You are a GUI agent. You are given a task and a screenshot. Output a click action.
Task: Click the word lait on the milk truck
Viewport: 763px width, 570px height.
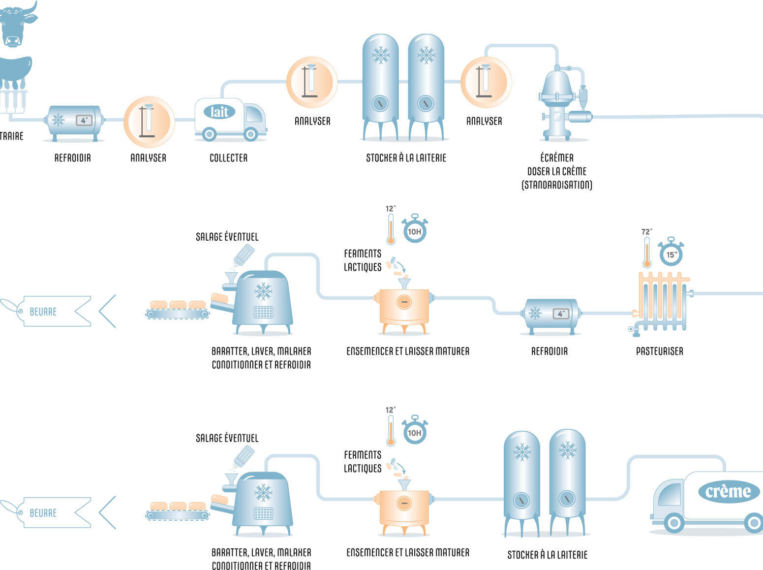[219, 112]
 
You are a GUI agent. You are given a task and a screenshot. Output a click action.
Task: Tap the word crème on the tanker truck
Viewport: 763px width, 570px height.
[728, 492]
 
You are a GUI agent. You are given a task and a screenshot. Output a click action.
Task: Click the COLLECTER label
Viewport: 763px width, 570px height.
[228, 158]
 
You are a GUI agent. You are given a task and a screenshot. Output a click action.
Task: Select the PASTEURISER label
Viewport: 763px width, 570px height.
[659, 351]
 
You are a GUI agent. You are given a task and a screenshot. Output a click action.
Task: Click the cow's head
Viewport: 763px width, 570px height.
[15, 25]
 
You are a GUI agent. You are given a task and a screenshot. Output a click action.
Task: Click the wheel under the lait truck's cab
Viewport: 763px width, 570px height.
[250, 133]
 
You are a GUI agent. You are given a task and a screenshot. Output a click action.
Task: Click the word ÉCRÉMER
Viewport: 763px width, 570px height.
[557, 158]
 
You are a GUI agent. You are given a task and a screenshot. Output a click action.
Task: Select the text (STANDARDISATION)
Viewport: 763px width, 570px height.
[557, 185]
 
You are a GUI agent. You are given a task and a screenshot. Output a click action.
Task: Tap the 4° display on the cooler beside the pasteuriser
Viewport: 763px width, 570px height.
[561, 314]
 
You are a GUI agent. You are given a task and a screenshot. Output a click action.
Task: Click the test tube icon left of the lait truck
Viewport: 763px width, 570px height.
[149, 122]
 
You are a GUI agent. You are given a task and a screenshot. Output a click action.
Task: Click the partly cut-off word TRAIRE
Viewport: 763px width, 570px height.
[11, 136]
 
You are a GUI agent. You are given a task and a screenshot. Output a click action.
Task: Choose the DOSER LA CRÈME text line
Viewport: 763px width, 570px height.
[557, 171]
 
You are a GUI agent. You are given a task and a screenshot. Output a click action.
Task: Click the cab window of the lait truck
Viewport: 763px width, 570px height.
[254, 115]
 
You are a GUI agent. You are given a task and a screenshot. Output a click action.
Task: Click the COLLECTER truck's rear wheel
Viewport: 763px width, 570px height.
[210, 133]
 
